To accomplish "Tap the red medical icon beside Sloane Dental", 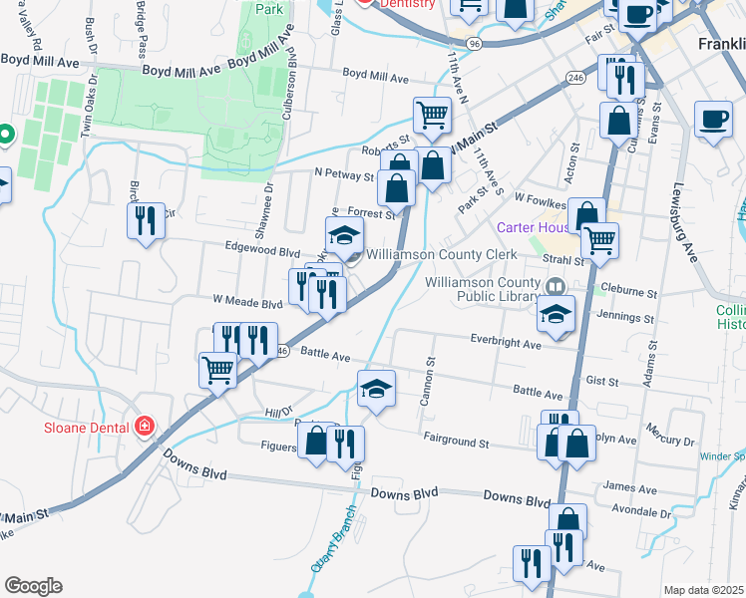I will coord(146,427).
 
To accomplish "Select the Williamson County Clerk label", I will coord(441,254).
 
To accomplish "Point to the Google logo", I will coord(33,586).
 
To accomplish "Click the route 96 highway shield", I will coord(475,44).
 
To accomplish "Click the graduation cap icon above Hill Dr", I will coord(376,388).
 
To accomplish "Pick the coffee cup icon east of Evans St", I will coord(712,120).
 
